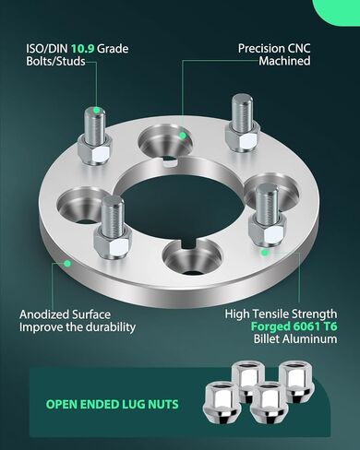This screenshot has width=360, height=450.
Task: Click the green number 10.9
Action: [82, 49]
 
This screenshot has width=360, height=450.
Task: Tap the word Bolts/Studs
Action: [55, 61]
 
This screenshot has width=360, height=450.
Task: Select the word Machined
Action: [284, 61]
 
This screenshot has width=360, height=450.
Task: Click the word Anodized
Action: [43, 314]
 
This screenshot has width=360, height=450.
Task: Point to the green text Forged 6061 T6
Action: [294, 326]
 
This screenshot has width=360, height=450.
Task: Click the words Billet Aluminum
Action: [295, 339]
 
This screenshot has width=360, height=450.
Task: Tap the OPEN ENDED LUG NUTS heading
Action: [112, 404]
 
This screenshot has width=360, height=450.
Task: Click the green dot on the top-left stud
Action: [97, 110]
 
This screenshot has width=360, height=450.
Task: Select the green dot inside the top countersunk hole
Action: [183, 136]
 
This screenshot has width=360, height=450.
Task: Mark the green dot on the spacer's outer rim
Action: [67, 264]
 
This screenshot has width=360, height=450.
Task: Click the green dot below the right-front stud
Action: [264, 253]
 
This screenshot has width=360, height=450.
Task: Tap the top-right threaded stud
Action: [243, 112]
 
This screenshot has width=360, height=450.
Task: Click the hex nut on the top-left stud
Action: [95, 149]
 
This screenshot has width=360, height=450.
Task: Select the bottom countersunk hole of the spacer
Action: [192, 257]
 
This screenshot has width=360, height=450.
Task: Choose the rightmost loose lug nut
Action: [297, 381]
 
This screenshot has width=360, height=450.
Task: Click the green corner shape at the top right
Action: [338, 12]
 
